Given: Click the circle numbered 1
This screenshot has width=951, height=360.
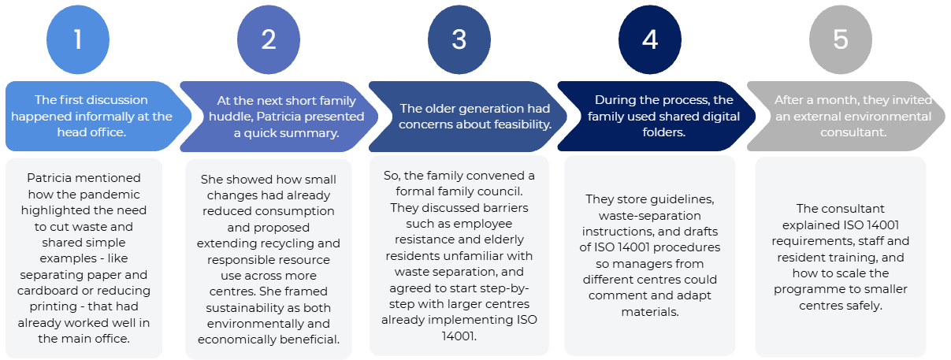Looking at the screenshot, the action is [78, 39].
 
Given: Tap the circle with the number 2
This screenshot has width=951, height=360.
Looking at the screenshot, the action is [269, 39].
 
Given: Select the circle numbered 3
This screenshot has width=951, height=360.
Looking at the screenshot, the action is [459, 39].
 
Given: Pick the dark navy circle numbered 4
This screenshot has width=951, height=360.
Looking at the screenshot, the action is [649, 39].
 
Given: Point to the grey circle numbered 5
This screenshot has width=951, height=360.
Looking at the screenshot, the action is [840, 39].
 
